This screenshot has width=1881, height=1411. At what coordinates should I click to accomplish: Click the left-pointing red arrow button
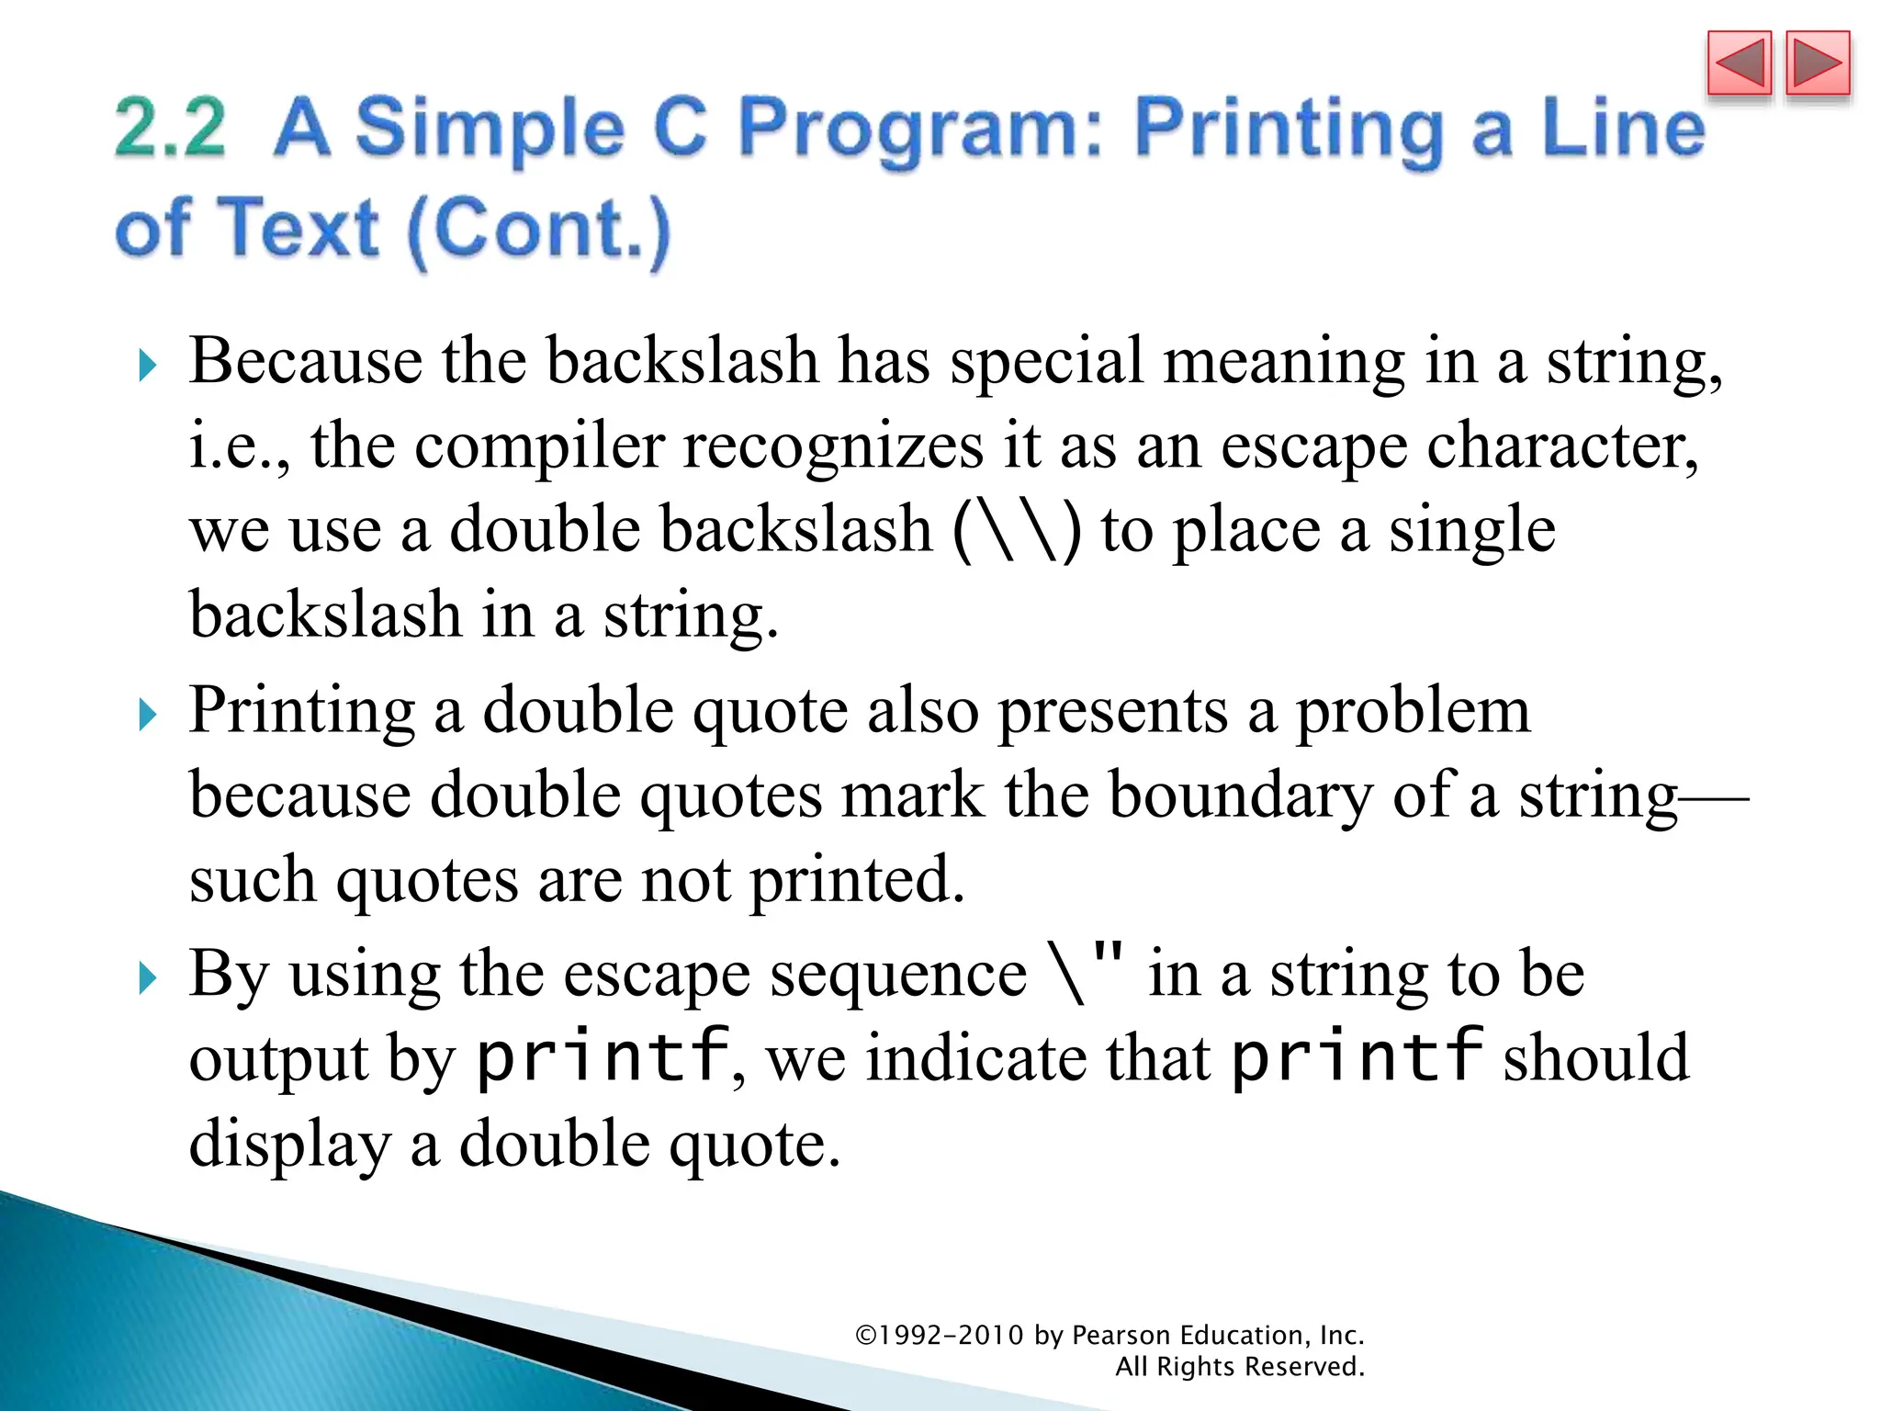coord(1739,64)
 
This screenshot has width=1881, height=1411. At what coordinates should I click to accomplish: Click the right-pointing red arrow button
coord(1818,64)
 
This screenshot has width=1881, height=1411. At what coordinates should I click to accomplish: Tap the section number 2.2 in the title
coord(170,128)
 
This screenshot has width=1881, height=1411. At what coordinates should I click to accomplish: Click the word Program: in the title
coord(919,128)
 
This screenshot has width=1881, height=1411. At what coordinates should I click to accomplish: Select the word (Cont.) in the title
coord(538,230)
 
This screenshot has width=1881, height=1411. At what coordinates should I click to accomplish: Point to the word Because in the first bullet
coord(305,360)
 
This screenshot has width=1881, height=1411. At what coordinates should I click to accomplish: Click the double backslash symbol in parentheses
coord(1017,532)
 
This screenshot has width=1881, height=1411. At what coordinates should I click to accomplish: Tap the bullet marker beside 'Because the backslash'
coord(148,367)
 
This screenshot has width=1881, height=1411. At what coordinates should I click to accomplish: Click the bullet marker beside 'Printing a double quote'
coord(148,715)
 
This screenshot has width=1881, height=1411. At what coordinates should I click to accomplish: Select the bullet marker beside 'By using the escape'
coord(148,979)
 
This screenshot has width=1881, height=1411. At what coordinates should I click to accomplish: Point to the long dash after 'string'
coord(1714,797)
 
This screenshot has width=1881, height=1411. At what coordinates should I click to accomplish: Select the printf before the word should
coord(1357,1056)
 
